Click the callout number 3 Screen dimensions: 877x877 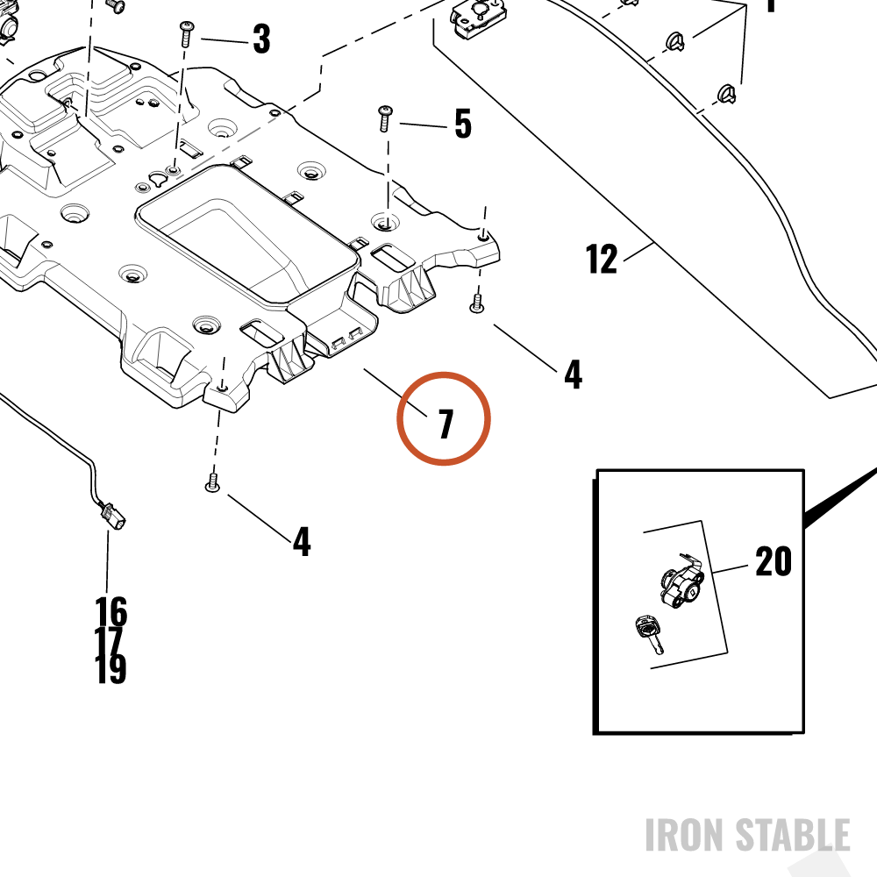(261, 39)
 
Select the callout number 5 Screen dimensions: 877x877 (463, 124)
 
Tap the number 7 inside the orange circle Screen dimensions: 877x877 (446, 424)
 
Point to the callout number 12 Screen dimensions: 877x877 (602, 259)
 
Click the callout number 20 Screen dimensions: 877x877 (774, 561)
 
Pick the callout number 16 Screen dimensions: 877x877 (111, 611)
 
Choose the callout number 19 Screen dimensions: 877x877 (111, 669)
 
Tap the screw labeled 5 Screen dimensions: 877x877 (386, 118)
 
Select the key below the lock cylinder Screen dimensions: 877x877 (649, 634)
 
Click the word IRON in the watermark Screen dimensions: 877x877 (686, 835)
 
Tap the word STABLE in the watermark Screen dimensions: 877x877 (793, 835)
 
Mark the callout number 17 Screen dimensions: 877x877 (109, 640)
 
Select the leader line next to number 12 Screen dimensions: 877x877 (638, 252)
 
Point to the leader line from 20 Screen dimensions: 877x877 (731, 569)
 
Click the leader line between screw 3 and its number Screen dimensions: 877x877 (225, 40)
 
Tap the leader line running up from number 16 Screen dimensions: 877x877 (107, 563)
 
